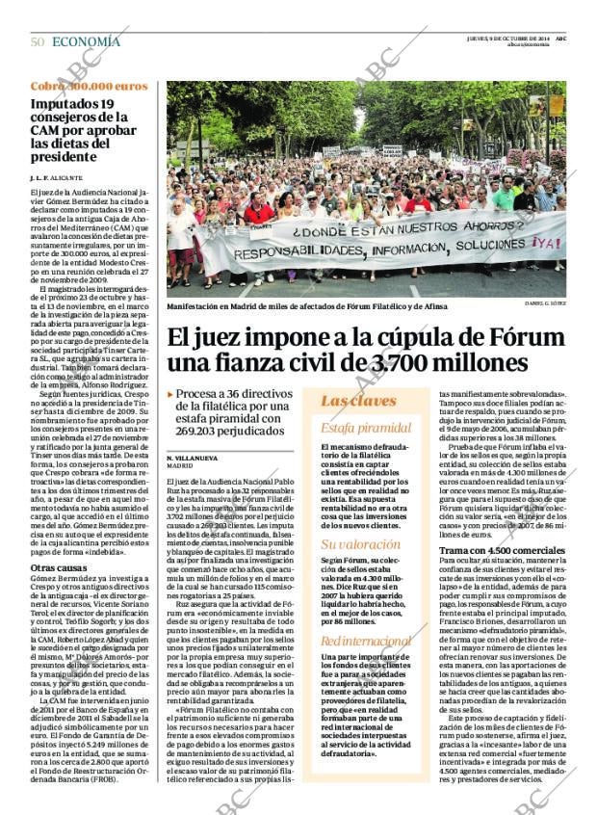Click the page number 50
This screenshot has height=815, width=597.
tap(38, 41)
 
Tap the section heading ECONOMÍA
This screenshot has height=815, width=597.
tap(86, 41)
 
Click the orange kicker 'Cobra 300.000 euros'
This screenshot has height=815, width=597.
tap(82, 87)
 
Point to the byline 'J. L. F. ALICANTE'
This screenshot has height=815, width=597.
tap(56, 178)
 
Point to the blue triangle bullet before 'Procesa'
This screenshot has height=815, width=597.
tap(170, 394)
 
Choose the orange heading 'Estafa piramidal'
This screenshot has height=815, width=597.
tap(365, 428)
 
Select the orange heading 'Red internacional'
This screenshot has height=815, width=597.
tap(365, 641)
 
